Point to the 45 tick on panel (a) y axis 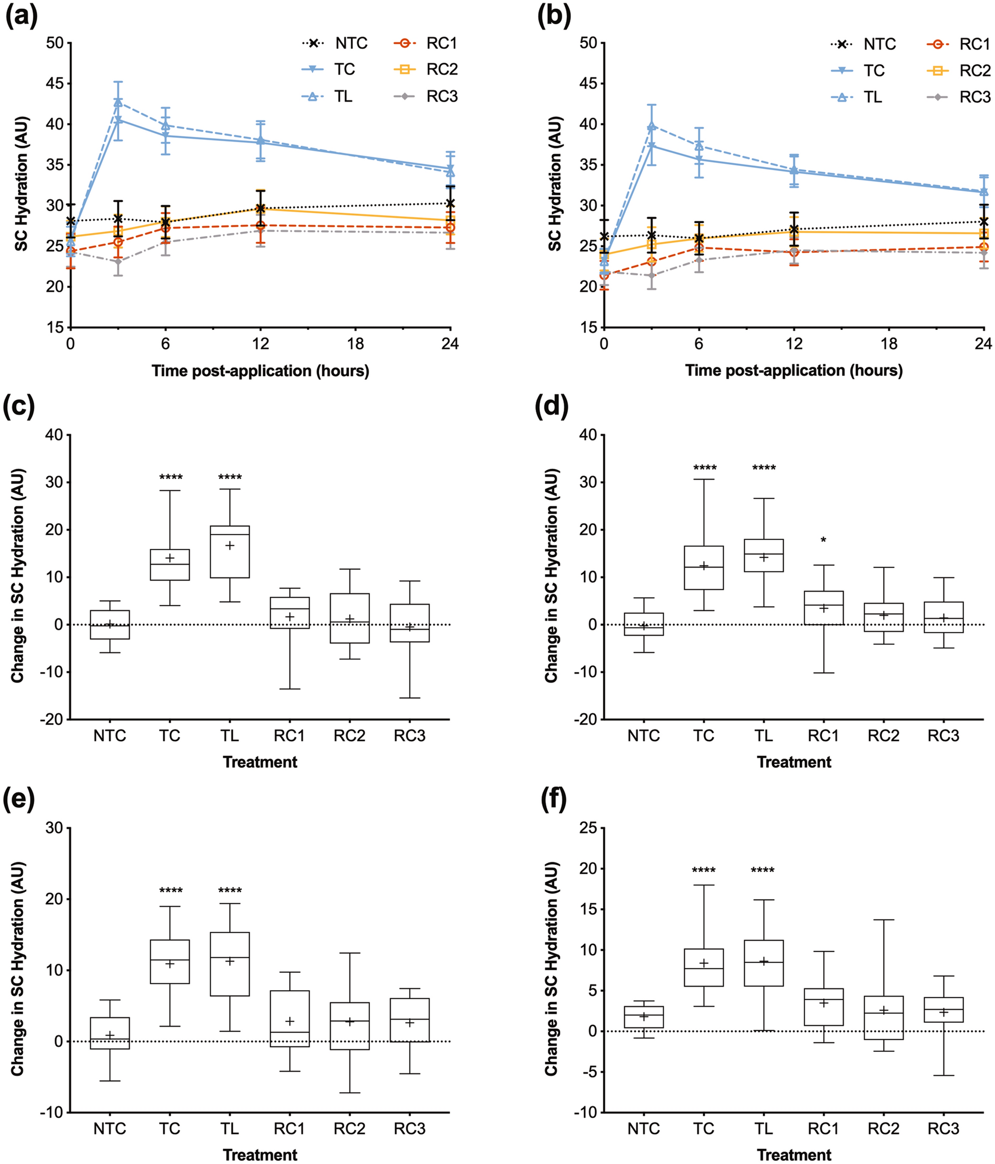pos(55,84)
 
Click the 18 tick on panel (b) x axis pos(889,343)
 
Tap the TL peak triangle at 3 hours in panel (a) pos(118,102)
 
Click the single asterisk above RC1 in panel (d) pos(823,540)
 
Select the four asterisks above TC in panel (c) pos(171,478)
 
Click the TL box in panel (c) pos(230,551)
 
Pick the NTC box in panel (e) pos(110,1032)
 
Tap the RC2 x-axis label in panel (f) pos(883,1129)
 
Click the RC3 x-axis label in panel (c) pos(409,736)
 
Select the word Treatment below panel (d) pos(793,762)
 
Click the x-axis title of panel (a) pos(260,371)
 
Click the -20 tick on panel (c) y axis pos(52,719)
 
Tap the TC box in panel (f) pos(703,968)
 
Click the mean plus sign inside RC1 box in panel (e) pos(290,1021)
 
